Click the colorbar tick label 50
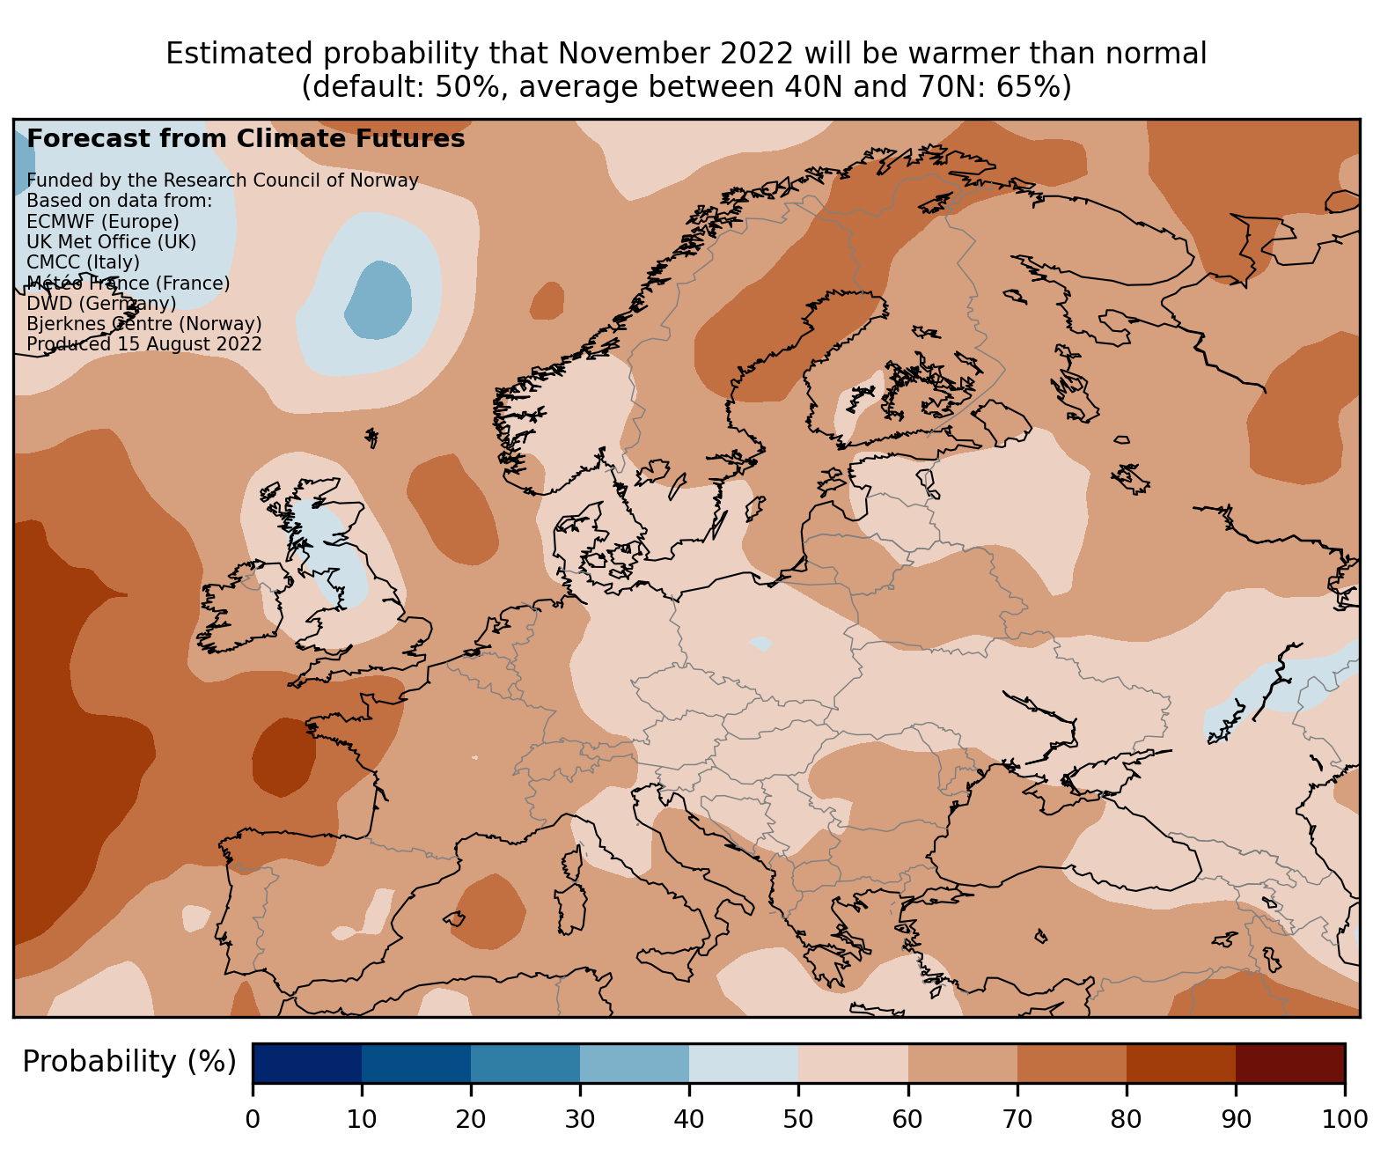click(798, 1119)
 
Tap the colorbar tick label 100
click(1344, 1119)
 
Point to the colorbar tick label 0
click(253, 1119)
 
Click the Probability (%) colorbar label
click(129, 1062)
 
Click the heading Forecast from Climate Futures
click(246, 139)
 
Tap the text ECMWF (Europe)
click(103, 221)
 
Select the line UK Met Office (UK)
click(112, 241)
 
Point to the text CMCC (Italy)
click(84, 262)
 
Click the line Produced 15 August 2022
click(144, 344)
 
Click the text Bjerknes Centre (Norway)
click(144, 324)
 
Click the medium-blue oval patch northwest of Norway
click(379, 299)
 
